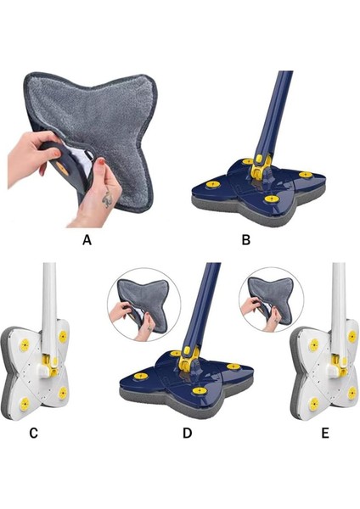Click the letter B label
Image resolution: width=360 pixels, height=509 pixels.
[246, 240]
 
